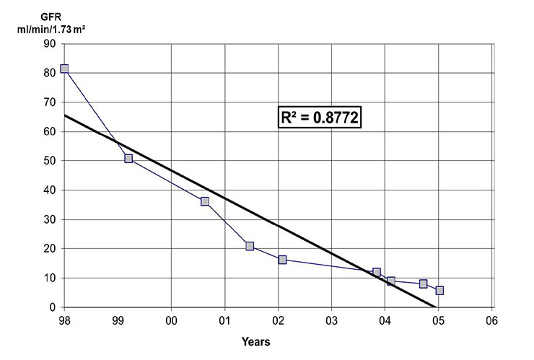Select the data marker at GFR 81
point(64,69)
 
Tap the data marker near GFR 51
point(128,159)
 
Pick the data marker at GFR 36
point(205,201)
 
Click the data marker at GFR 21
point(250,246)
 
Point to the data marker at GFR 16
point(282,260)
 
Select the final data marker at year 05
point(439,290)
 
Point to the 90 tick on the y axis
point(51,45)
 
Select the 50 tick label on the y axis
point(51,161)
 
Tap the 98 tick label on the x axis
point(65,321)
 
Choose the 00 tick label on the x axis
point(172,321)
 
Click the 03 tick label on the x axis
point(332,321)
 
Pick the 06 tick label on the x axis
point(492,321)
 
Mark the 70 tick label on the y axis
point(51,102)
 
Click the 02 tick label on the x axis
point(279,321)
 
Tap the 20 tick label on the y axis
point(51,249)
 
